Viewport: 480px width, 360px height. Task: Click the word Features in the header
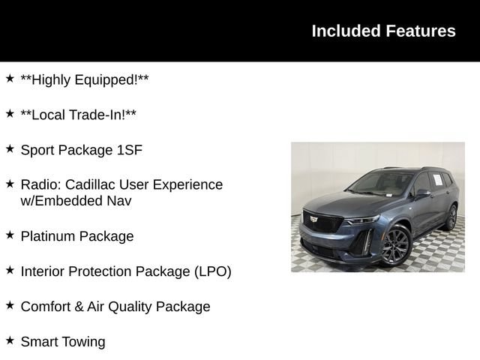[421, 31]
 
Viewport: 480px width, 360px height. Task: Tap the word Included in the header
[346, 31]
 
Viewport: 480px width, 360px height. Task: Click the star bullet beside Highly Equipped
[10, 78]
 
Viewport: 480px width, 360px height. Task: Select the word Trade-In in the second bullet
[97, 115]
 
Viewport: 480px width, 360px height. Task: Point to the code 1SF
[130, 150]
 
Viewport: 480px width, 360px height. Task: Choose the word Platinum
[48, 236]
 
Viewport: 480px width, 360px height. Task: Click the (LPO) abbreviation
[213, 271]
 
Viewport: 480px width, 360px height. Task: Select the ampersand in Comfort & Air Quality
[79, 307]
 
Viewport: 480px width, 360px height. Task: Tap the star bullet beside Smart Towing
[10, 340]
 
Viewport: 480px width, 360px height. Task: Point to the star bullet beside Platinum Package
[10, 235]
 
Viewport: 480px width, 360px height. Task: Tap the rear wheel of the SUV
[451, 217]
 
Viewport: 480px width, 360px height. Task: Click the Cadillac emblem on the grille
[313, 219]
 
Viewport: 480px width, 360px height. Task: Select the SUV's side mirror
[422, 193]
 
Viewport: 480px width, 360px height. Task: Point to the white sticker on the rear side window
[438, 180]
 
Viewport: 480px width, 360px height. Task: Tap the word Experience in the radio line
[188, 184]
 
